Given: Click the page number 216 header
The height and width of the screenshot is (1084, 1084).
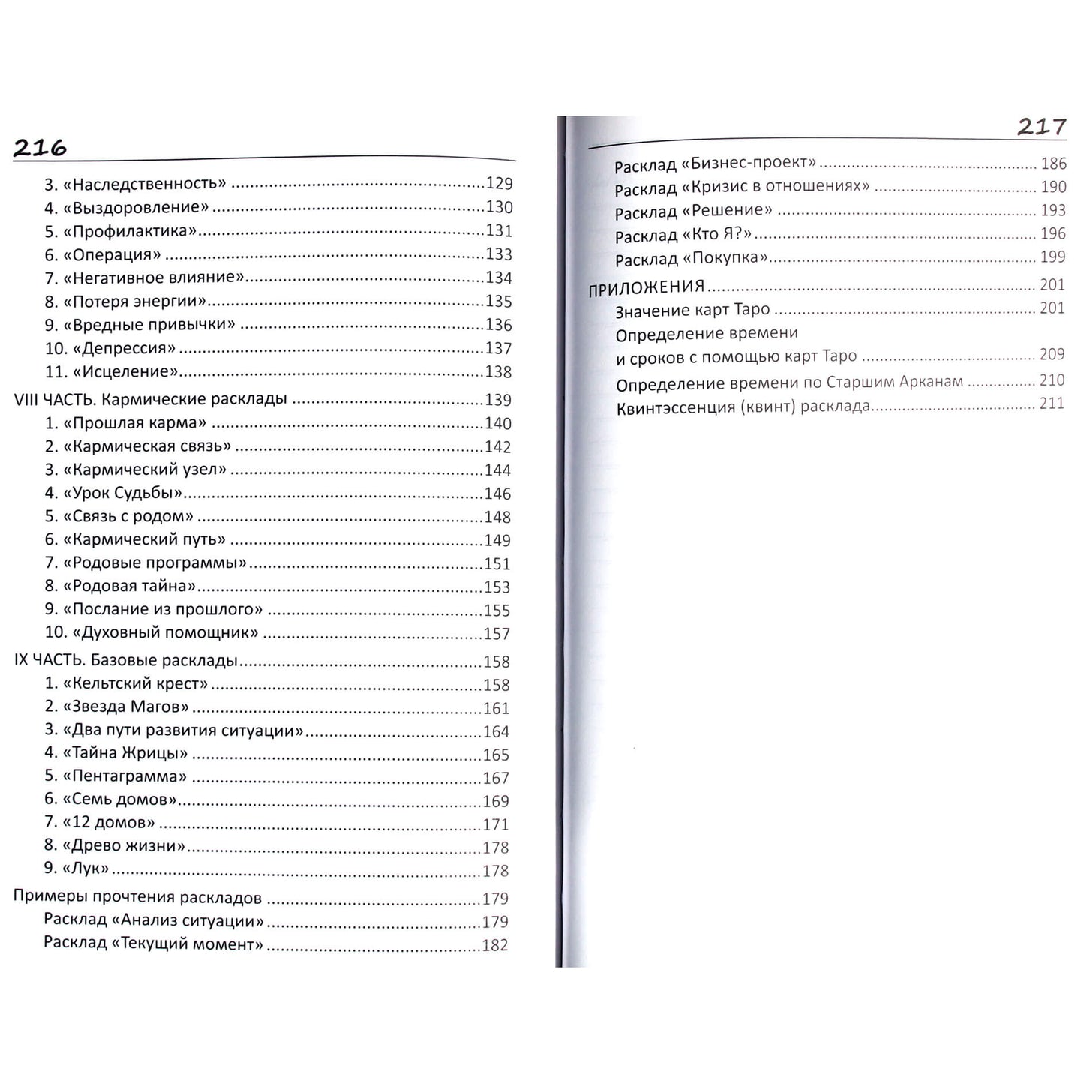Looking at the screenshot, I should pos(40,149).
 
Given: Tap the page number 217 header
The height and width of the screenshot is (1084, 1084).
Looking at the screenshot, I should pos(1041,127).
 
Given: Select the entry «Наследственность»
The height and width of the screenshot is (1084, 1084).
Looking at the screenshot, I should pos(143,184).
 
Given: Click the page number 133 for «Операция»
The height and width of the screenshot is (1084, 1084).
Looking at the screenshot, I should pos(499,254).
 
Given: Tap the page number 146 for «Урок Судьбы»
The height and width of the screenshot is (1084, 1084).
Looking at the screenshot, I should pos(497,494).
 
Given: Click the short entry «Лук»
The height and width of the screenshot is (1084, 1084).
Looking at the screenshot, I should pos(86,869).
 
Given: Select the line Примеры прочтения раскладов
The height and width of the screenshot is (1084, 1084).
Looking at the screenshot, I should pos(137,898).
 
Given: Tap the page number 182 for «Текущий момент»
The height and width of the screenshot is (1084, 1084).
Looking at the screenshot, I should pos(494,945).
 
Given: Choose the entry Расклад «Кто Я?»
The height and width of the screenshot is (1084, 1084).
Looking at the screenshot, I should pos(683,236).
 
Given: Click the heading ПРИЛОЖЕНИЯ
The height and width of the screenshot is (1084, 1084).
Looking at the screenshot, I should pos(647,287).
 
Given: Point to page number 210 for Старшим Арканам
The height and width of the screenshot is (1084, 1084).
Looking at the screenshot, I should pos(1052,381).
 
